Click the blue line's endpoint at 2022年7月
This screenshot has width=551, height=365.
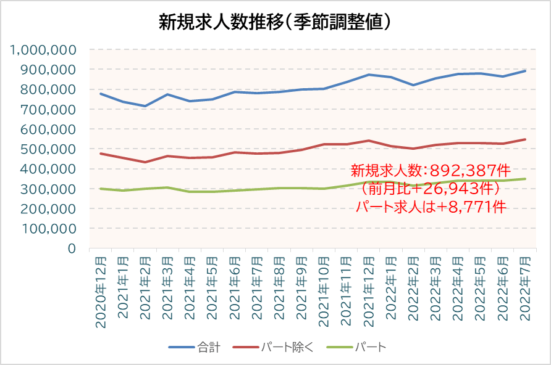(525, 70)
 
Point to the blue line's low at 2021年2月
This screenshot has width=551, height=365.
(145, 106)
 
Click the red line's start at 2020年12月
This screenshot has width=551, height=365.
(101, 154)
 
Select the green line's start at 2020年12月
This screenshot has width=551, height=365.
(101, 189)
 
